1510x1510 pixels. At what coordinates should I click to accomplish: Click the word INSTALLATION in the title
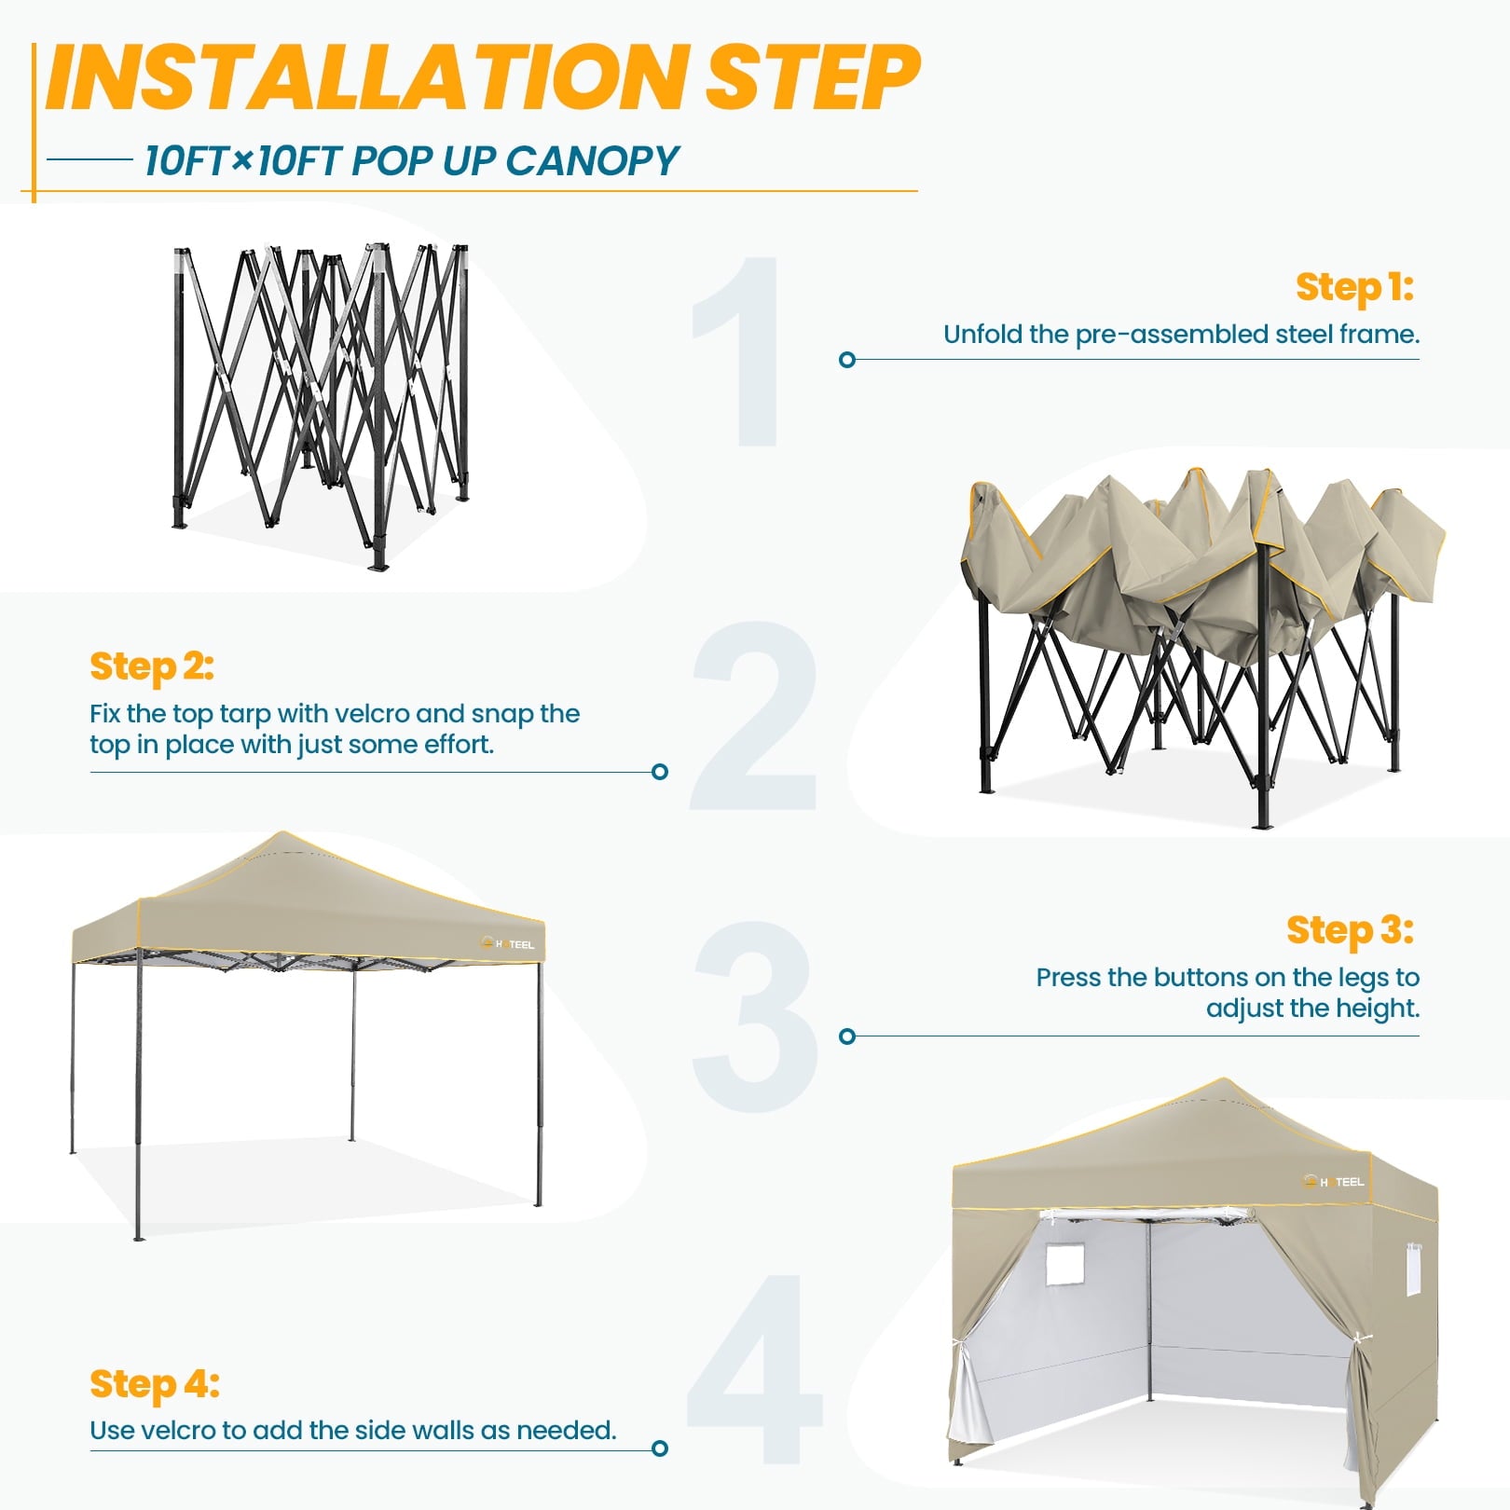(x=366, y=77)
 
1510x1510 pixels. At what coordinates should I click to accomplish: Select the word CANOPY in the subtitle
(x=593, y=162)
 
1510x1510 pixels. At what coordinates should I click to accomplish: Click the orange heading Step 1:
(x=1354, y=288)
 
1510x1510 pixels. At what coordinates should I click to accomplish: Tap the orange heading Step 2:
(x=152, y=666)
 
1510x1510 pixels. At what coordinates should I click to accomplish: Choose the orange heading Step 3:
(x=1350, y=930)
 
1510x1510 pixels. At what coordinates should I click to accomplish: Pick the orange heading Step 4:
(x=155, y=1385)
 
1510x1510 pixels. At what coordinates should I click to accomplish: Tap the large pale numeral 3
(x=755, y=1016)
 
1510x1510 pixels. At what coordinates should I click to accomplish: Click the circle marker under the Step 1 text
(x=847, y=360)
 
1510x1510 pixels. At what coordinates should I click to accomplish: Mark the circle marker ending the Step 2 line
(x=660, y=772)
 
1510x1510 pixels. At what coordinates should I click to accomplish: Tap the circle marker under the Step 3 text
(x=847, y=1036)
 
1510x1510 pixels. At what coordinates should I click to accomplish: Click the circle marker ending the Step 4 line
(x=660, y=1448)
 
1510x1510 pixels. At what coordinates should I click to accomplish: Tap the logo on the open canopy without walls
(x=508, y=944)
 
